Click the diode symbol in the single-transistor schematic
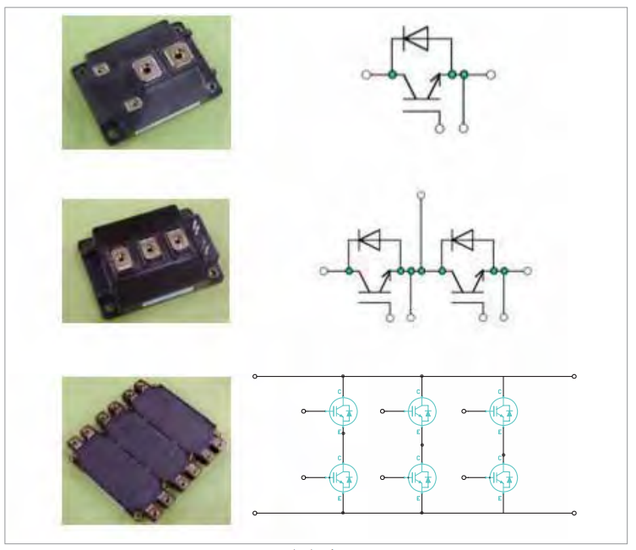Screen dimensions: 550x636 point(415,36)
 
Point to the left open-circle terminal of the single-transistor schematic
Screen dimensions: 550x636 point(366,74)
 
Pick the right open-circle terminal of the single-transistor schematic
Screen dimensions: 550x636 point(491,74)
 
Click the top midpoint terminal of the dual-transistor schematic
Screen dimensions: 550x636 point(421,196)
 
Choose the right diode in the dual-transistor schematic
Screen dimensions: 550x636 point(463,239)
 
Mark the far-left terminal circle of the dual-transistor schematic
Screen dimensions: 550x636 point(323,271)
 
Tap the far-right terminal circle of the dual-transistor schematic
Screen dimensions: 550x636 point(529,271)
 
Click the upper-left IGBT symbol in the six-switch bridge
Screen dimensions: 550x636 point(343,411)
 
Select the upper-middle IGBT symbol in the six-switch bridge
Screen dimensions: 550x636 point(421,411)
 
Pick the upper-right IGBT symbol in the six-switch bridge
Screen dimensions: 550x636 point(503,411)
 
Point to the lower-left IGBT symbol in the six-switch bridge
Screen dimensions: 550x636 point(343,478)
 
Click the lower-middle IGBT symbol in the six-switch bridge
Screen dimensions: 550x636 point(421,478)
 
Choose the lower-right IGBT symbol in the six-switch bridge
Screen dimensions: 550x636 point(503,478)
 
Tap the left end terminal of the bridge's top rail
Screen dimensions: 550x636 point(255,376)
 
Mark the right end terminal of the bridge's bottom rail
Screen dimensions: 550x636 point(574,513)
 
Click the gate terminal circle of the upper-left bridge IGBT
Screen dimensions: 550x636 point(304,411)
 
